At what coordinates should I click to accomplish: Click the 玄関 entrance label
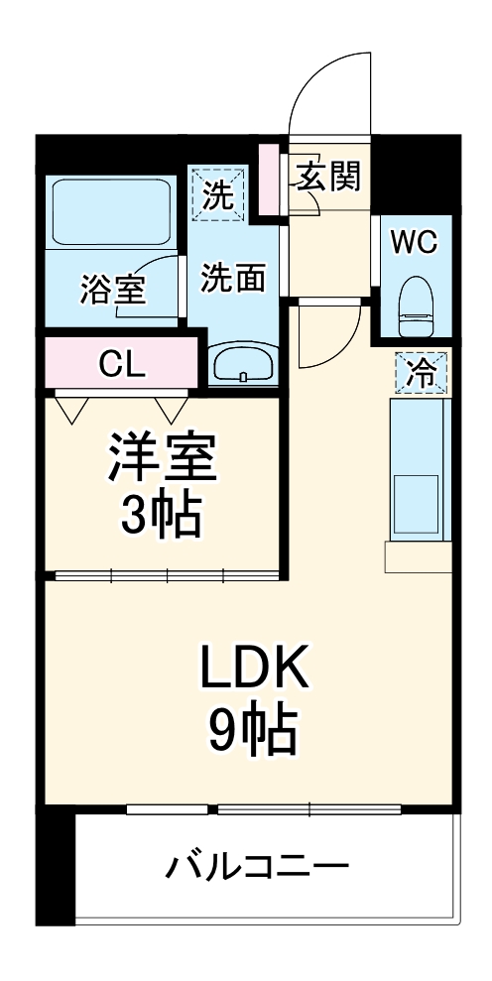pyautogui.click(x=326, y=178)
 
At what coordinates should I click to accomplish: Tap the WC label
pyautogui.click(x=413, y=242)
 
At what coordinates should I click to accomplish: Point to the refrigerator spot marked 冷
pyautogui.click(x=422, y=373)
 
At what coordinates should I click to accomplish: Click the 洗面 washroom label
pyautogui.click(x=233, y=279)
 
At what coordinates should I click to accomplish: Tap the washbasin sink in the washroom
pyautogui.click(x=243, y=364)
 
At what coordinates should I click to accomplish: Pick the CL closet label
pyautogui.click(x=122, y=364)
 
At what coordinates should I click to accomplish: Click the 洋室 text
pyautogui.click(x=162, y=458)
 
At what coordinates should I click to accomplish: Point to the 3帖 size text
pyautogui.click(x=162, y=514)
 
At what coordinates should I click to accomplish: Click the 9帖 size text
pyautogui.click(x=253, y=732)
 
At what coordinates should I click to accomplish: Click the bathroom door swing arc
pyautogui.click(x=149, y=283)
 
